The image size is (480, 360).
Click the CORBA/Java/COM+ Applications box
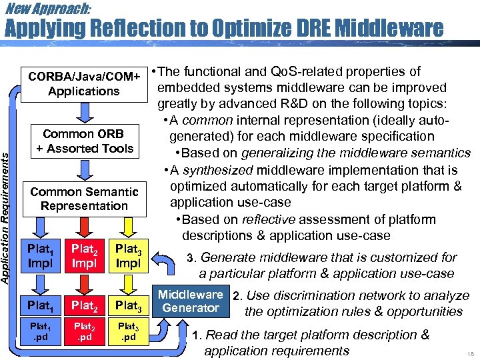click(x=83, y=83)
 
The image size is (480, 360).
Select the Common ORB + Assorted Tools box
click(x=83, y=141)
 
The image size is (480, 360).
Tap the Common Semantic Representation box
click(x=83, y=199)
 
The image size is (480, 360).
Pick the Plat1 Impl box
click(x=39, y=256)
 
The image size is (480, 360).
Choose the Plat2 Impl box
click(x=84, y=256)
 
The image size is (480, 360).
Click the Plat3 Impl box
click(x=128, y=256)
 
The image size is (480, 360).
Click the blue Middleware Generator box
click(x=190, y=301)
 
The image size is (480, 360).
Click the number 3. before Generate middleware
click(x=191, y=258)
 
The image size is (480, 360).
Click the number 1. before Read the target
click(x=197, y=335)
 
